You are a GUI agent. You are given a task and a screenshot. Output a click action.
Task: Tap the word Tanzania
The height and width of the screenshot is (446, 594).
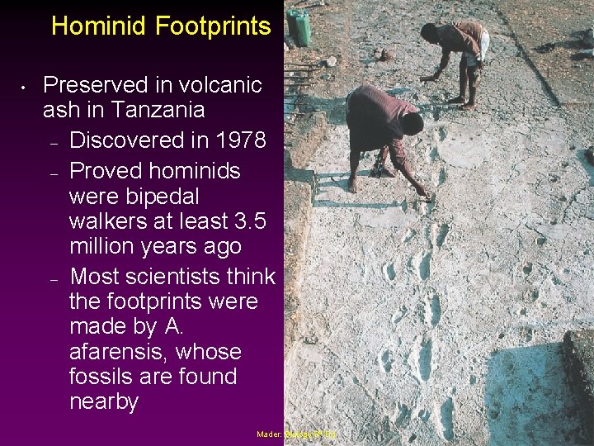coord(162,110)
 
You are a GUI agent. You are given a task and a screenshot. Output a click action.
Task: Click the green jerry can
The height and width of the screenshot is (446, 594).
coord(299,28)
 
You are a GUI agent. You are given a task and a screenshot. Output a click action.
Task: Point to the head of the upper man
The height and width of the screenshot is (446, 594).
coord(429,32)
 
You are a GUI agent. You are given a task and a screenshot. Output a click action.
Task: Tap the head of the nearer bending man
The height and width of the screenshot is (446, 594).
coord(412,123)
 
